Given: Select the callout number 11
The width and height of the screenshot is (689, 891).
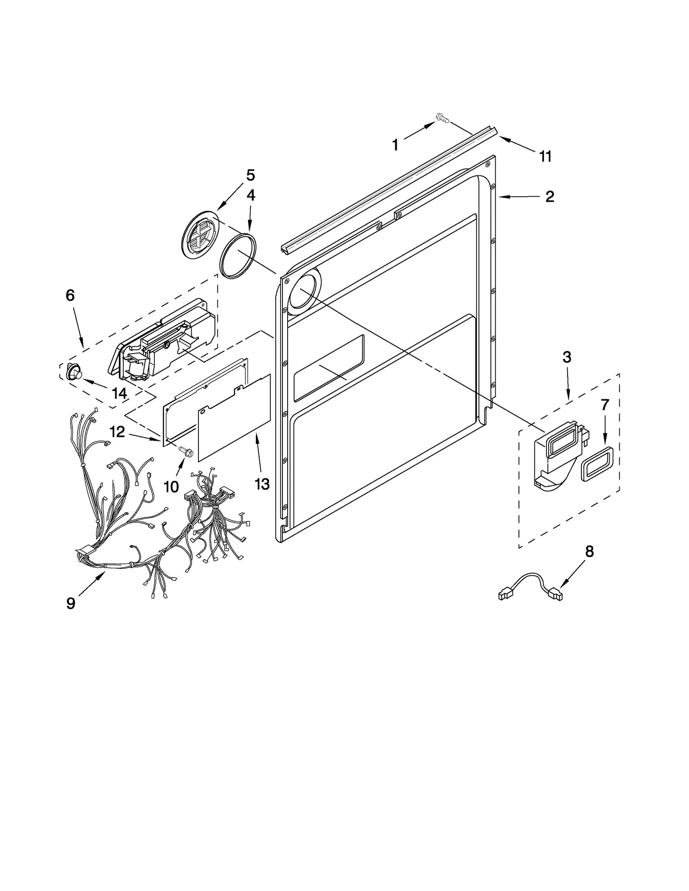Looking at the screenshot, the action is click(546, 156).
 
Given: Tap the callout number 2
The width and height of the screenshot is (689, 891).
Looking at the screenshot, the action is click(549, 197).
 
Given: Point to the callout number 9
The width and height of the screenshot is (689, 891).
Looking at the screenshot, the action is click(71, 603).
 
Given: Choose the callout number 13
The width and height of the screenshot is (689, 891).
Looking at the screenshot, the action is click(262, 484).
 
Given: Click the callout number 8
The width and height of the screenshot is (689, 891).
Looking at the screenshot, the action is click(589, 551).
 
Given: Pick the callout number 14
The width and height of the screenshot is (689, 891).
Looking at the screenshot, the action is click(119, 393).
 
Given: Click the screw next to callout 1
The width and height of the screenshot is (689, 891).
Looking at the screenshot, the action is click(442, 117).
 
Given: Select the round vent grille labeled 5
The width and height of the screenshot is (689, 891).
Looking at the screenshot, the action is click(201, 235).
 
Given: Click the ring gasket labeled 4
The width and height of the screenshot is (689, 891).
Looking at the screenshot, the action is click(238, 257).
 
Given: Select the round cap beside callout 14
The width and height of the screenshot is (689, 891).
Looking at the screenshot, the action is click(74, 372).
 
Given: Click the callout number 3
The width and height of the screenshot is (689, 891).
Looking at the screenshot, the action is click(567, 357).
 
